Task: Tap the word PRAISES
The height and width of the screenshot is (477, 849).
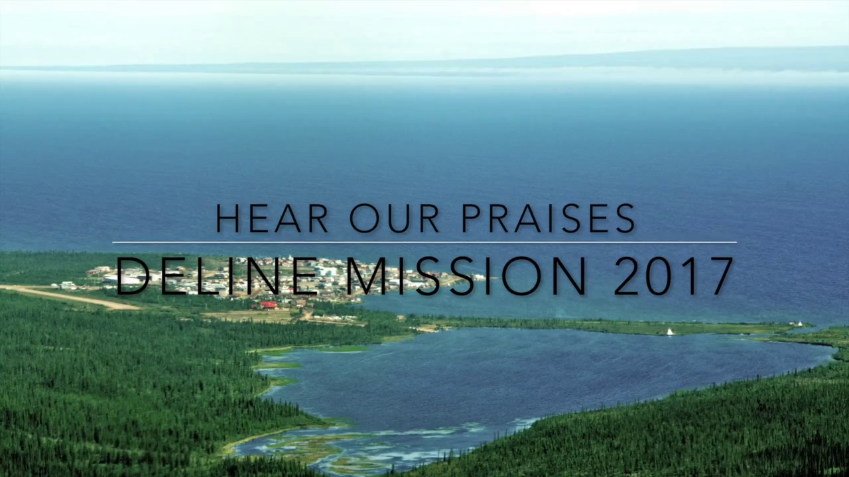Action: point(549,218)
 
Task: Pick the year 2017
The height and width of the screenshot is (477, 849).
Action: point(673,276)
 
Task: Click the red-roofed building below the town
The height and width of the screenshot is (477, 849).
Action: point(268,305)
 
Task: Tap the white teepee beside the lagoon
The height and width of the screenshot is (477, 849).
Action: point(670,331)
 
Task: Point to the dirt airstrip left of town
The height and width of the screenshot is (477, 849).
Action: point(73,297)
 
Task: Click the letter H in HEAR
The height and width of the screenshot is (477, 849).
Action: point(228,218)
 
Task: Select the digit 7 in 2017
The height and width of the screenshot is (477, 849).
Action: point(719,276)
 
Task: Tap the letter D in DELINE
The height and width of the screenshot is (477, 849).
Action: point(133,276)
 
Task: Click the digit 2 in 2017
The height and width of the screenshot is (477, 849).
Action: point(627,276)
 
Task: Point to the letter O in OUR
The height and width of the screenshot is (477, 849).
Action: point(363,218)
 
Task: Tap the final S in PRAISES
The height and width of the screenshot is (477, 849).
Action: point(625,218)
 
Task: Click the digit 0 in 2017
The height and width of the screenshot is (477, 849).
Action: point(661,276)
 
